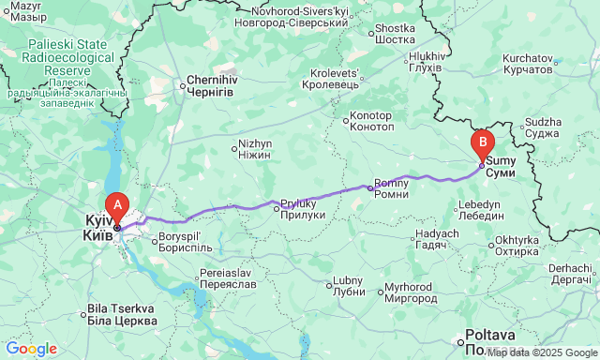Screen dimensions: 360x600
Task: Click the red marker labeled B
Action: pyautogui.click(x=483, y=144)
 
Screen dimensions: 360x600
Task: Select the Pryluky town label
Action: pyautogui.click(x=302, y=209)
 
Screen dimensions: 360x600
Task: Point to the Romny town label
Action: pyautogui.click(x=391, y=187)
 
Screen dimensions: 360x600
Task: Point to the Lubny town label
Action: pyautogui.click(x=347, y=286)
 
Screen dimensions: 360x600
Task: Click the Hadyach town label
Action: pyautogui.click(x=436, y=238)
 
